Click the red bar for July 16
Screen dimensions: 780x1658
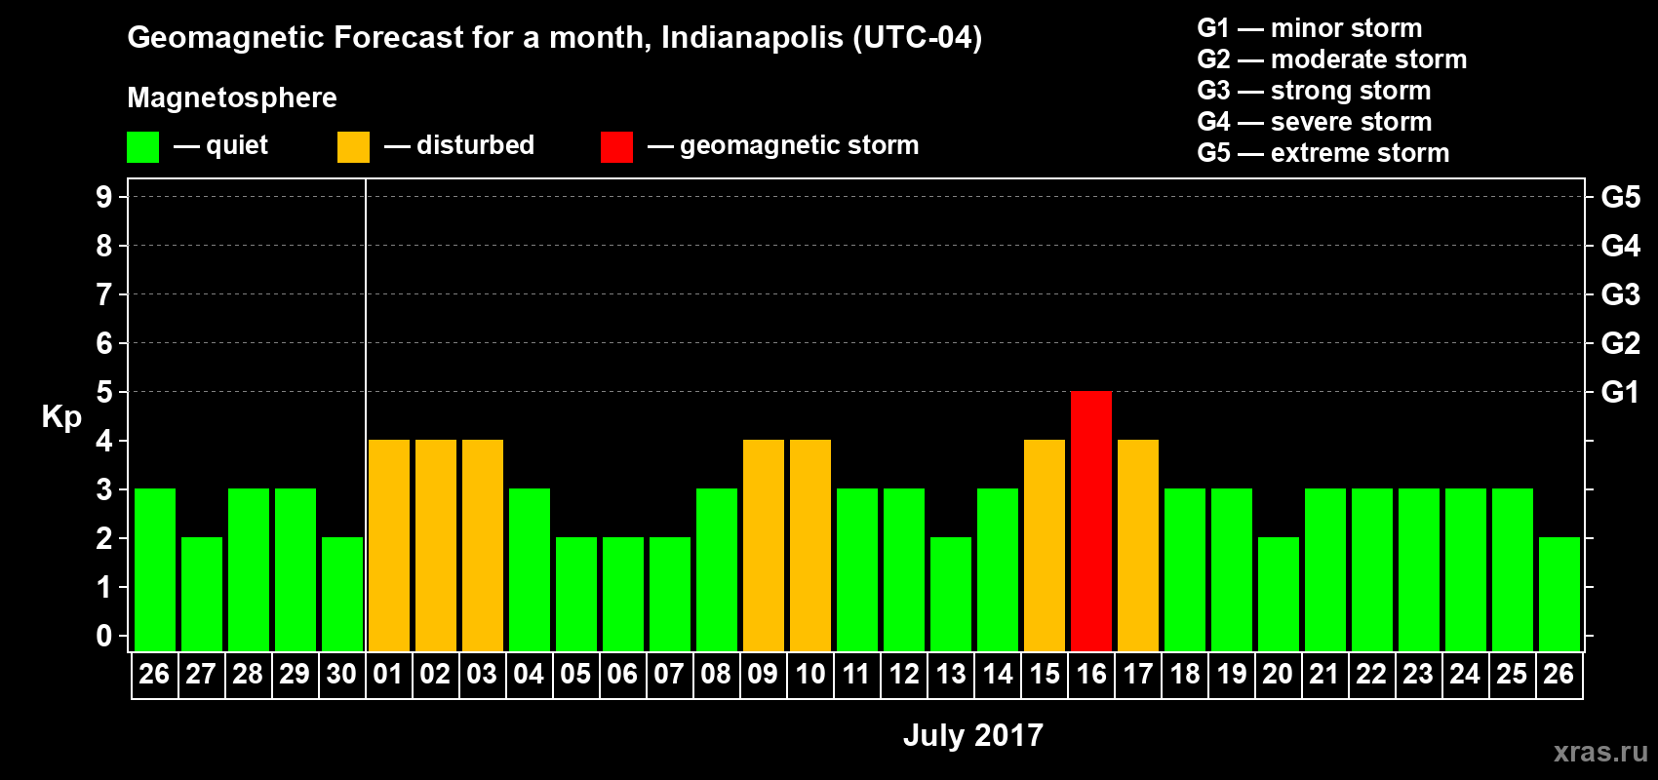(1090, 521)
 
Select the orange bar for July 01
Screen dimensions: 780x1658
(388, 545)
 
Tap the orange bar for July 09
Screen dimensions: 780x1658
(763, 545)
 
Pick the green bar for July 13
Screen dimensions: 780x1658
(950, 594)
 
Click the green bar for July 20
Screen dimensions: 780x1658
(1278, 594)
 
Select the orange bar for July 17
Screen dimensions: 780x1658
(1137, 545)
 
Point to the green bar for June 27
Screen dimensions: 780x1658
(201, 594)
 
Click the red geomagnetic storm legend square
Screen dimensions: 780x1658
(616, 147)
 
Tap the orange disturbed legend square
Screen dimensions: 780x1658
(353, 147)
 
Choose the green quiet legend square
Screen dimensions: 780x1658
(142, 147)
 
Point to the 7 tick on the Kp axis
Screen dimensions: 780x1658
(104, 294)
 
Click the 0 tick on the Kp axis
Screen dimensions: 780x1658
(104, 636)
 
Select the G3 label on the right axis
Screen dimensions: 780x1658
(1620, 294)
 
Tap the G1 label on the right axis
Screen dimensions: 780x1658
(1620, 392)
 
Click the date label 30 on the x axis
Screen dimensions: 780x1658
(341, 674)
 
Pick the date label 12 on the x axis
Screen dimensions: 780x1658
(903, 674)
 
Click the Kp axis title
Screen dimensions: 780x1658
(61, 417)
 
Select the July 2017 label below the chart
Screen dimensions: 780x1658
(972, 735)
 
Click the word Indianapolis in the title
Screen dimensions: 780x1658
(752, 38)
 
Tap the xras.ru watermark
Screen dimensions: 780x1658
(1599, 752)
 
